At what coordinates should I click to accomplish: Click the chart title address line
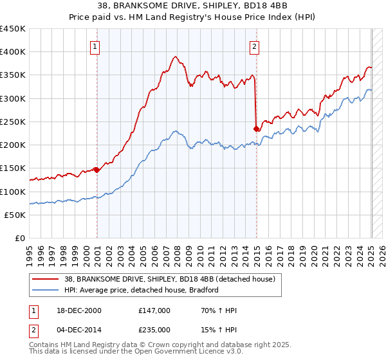tap(192, 6)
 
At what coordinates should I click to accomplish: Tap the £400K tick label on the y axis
tap(13, 52)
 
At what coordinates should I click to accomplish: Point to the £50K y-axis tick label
tap(15, 215)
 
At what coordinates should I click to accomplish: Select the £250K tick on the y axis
tap(13, 122)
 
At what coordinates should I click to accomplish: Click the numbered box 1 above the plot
tap(95, 46)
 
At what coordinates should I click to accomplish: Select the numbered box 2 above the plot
tap(255, 46)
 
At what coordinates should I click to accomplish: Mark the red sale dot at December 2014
tap(257, 129)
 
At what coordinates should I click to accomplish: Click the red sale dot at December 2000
tap(96, 170)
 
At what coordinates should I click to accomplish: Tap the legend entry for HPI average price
tap(142, 290)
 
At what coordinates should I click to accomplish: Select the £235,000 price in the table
tap(154, 329)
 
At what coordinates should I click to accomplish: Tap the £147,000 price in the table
tap(154, 310)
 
